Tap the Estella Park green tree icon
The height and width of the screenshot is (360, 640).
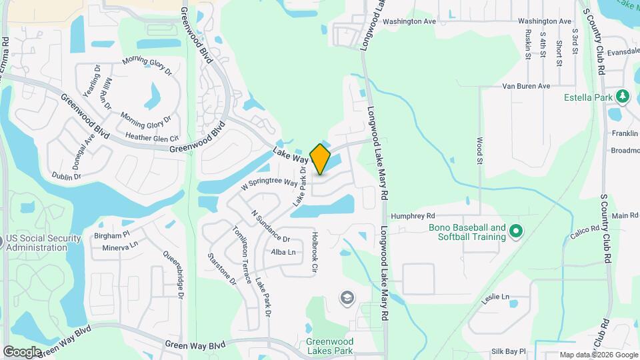tap(623, 97)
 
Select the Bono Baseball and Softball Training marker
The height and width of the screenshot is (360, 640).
tap(515, 232)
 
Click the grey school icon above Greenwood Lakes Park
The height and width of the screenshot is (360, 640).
tap(347, 297)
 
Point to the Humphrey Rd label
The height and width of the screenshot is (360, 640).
tap(413, 216)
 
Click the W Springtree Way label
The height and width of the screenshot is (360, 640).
tap(269, 182)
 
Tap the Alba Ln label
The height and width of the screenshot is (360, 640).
tap(283, 252)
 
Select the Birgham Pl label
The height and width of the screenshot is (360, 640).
tap(111, 235)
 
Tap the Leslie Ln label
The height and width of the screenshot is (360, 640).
tap(495, 296)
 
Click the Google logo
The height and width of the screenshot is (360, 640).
tap(23, 351)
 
